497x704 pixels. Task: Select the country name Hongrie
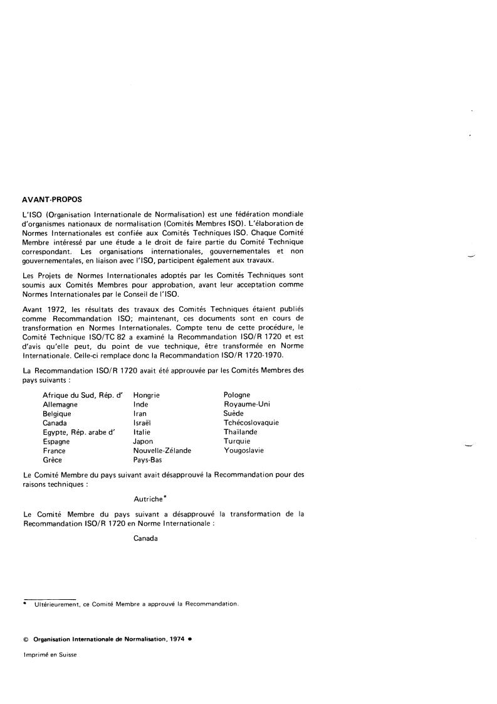click(147, 395)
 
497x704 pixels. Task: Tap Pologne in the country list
click(237, 395)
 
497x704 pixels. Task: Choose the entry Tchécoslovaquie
click(251, 423)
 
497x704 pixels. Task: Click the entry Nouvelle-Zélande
click(162, 451)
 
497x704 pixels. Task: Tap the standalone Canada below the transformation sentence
click(146, 538)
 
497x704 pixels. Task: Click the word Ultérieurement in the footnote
click(55, 604)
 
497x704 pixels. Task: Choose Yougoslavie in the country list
click(244, 451)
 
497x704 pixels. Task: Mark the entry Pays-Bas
click(148, 460)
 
